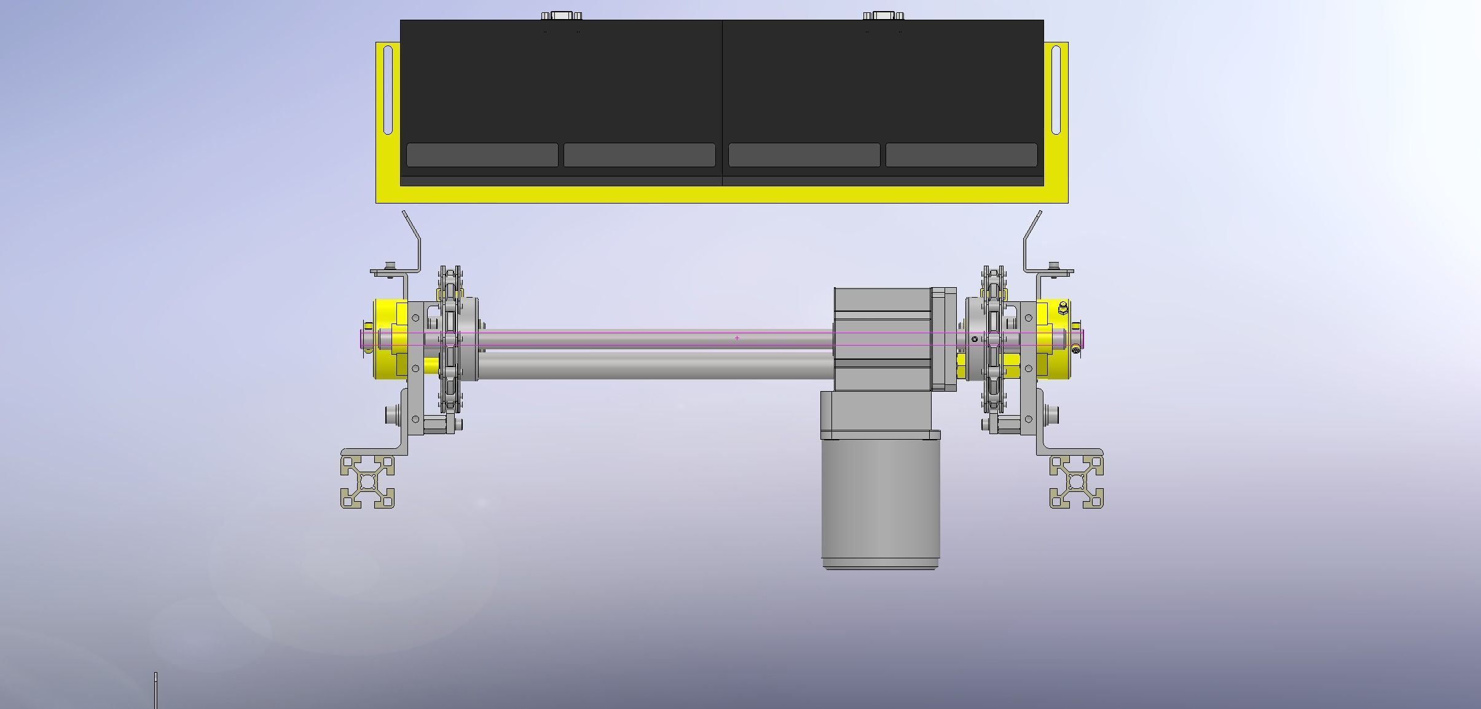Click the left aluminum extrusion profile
coord(367,481)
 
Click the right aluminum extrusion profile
coord(1076,481)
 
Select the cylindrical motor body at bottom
coord(881,504)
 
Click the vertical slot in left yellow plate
coord(388,90)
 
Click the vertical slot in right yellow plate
coord(1056,90)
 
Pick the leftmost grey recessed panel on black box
coord(482,155)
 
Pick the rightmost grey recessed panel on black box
coord(961,155)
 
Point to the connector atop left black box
coord(561,15)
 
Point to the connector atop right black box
coord(883,15)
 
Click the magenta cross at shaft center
coord(737,338)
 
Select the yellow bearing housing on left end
coord(387,338)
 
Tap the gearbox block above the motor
coord(882,338)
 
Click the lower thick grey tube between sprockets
coord(654,364)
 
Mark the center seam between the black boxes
coord(722,98)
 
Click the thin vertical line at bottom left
coord(155,690)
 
